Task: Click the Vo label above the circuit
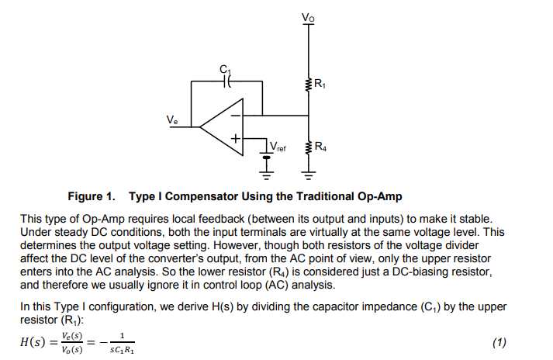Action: pyautogui.click(x=310, y=16)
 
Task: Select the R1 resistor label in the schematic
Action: pyautogui.click(x=320, y=84)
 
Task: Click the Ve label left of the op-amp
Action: pyautogui.click(x=171, y=119)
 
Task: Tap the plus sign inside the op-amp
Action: pyautogui.click(x=234, y=139)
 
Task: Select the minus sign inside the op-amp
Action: pyautogui.click(x=234, y=113)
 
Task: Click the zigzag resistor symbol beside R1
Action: pyautogui.click(x=309, y=83)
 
